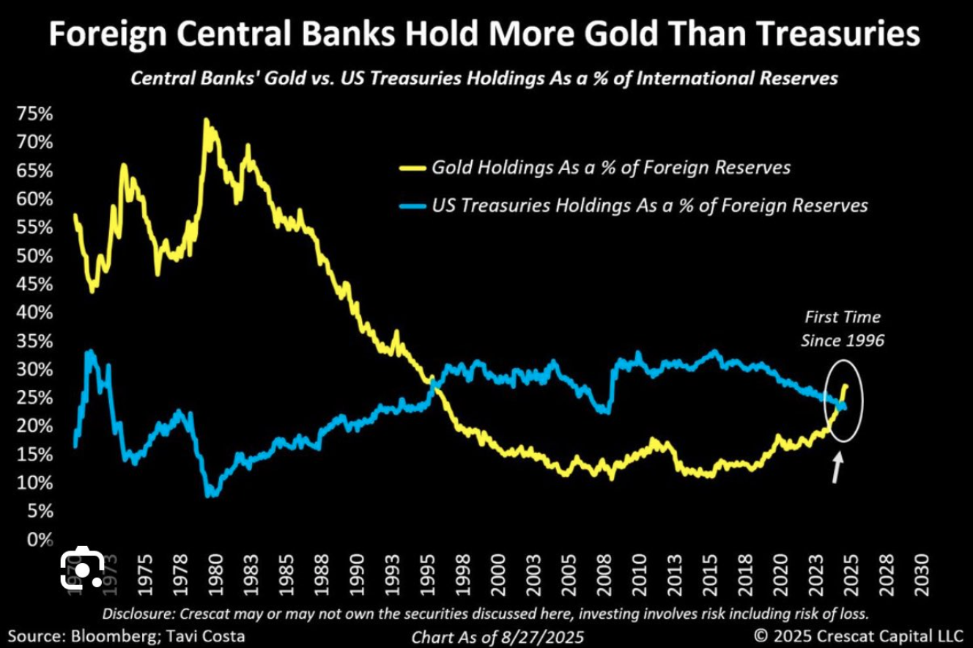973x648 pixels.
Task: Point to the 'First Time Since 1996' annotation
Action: pos(842,328)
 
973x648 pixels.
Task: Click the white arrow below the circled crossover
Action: pos(837,468)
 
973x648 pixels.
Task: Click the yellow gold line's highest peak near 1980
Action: pos(206,119)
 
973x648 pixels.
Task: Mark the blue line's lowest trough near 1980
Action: pos(210,495)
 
